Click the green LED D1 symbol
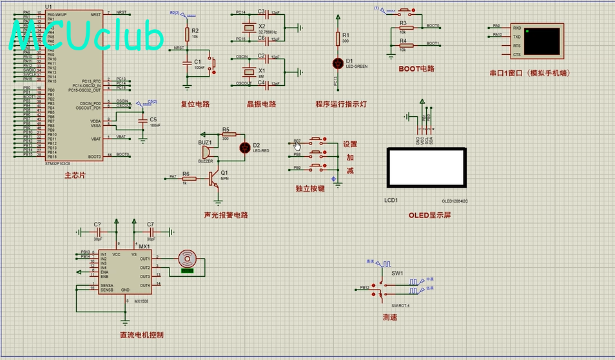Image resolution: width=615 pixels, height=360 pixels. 337,63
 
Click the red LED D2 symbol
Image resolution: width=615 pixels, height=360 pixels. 244,147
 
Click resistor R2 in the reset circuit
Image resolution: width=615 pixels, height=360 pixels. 187,34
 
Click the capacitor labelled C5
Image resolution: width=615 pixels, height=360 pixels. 142,121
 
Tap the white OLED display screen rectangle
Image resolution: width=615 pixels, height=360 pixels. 425,168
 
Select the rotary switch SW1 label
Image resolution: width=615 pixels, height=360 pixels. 397,273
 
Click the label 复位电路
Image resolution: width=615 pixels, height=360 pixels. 195,103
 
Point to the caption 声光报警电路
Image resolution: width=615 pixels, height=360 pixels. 226,215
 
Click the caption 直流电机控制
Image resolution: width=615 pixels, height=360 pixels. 142,335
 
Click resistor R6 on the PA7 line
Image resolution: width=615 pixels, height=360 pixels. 189,177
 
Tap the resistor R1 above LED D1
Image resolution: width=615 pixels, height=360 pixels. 337,39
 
